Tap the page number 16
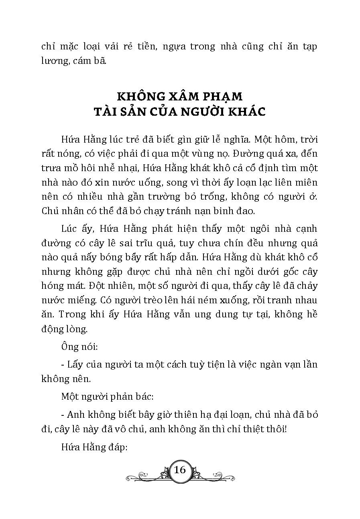(x=179, y=470)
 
